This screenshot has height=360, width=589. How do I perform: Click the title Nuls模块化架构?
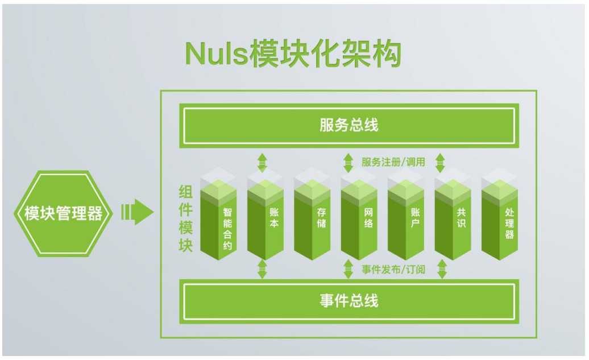(293, 53)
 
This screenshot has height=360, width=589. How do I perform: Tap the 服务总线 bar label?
(349, 125)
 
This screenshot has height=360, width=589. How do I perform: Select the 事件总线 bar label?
(349, 301)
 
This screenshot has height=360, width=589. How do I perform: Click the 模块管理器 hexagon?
(63, 213)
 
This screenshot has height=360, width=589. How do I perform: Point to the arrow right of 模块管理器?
(137, 212)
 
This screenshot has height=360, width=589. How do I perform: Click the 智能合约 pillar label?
(227, 229)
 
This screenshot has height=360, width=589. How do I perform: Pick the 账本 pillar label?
(274, 218)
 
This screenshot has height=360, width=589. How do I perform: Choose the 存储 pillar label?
(321, 218)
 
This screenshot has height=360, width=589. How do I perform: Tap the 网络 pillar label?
(368, 218)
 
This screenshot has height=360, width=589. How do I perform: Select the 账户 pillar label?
(415, 218)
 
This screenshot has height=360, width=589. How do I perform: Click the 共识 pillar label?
(461, 218)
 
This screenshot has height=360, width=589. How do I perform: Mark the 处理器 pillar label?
(509, 224)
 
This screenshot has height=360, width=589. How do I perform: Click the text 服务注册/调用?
(393, 162)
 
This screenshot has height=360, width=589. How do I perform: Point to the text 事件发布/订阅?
(393, 269)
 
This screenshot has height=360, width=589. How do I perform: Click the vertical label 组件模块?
(185, 218)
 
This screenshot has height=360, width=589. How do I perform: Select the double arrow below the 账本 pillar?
(262, 269)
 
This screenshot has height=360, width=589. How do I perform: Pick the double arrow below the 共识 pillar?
(442, 269)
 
